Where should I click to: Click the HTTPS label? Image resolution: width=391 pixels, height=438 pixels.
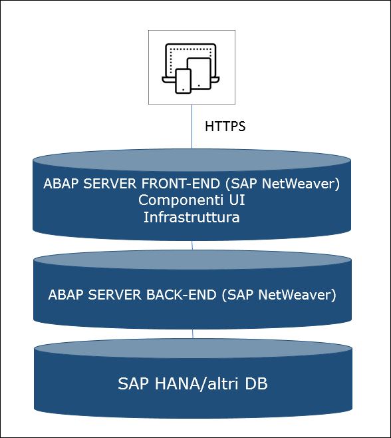click(225, 126)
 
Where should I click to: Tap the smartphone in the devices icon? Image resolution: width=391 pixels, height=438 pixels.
click(183, 81)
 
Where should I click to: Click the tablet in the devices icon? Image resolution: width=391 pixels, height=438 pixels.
click(199, 73)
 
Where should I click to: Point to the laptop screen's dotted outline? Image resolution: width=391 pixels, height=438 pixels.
click(190, 49)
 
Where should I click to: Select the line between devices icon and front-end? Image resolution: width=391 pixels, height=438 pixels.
click(192, 126)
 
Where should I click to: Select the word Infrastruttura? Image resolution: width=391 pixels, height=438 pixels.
click(192, 217)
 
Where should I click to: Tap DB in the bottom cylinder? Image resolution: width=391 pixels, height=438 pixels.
click(256, 383)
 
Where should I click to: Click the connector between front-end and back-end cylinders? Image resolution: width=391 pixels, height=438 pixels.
click(192, 245)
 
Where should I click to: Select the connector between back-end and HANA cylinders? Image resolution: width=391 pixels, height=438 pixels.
click(193, 333)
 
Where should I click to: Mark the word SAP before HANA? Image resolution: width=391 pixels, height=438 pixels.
click(133, 383)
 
